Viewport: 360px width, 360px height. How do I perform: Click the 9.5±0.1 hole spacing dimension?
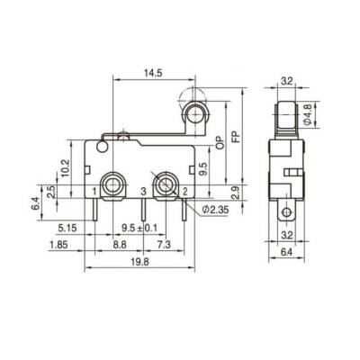140,228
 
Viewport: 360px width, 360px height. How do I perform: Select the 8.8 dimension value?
119,243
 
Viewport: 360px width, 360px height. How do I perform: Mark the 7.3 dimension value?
163,243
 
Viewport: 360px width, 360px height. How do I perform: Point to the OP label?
220,145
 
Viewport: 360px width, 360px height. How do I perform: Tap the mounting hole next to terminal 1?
112,186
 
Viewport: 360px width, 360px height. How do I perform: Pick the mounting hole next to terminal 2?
164,186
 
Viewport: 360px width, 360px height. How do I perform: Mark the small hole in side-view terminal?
288,213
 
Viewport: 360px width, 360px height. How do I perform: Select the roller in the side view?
288,113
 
